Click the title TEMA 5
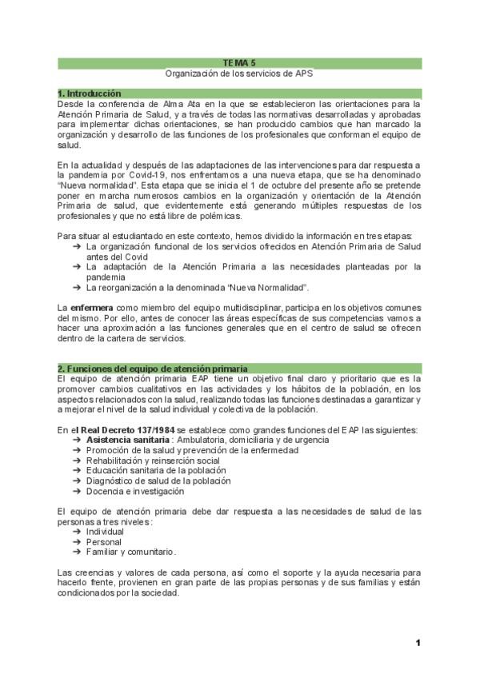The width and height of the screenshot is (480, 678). coord(239,62)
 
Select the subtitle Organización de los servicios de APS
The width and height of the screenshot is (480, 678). coord(239,73)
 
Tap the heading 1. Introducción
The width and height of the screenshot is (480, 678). coord(89,94)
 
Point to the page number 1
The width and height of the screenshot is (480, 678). coord(418,643)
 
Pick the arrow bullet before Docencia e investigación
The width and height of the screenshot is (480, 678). coord(77,491)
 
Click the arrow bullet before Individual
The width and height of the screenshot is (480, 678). coord(77,531)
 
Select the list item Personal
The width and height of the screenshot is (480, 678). coord(105,541)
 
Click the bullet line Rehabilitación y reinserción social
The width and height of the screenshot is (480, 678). coord(152,461)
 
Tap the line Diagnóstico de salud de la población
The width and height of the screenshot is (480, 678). coord(158,481)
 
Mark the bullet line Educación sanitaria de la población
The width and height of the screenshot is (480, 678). coord(156,471)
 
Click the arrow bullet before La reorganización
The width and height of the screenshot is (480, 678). coord(77,287)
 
